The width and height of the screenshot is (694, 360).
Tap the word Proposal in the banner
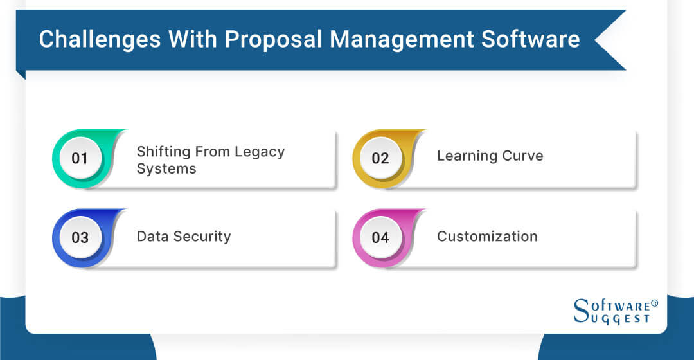click(x=276, y=39)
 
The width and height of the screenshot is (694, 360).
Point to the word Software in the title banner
click(x=537, y=39)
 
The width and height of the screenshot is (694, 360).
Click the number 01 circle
click(x=80, y=158)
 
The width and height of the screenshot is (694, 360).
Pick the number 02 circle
click(x=380, y=158)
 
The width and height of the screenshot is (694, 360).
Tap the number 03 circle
click(x=80, y=238)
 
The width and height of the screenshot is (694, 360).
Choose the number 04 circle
click(x=380, y=238)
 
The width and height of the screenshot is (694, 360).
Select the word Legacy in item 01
click(x=259, y=152)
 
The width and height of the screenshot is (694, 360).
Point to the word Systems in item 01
click(x=166, y=169)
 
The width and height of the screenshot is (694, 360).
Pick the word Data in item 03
click(x=151, y=237)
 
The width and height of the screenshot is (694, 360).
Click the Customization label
click(x=487, y=237)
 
